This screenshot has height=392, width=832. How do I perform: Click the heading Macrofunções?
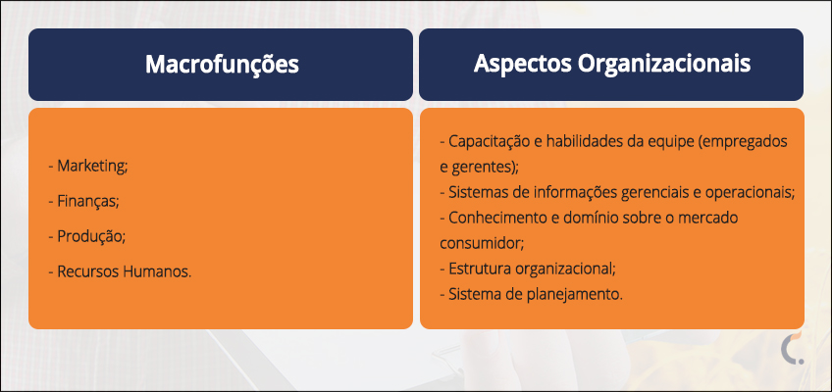(x=222, y=65)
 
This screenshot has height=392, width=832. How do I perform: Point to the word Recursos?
(x=88, y=271)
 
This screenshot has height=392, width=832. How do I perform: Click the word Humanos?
(x=157, y=271)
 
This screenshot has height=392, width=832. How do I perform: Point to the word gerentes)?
(x=485, y=168)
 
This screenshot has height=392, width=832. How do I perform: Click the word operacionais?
(x=750, y=193)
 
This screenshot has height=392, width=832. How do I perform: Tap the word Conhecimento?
(x=494, y=218)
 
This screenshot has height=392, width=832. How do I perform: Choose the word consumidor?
(x=482, y=244)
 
